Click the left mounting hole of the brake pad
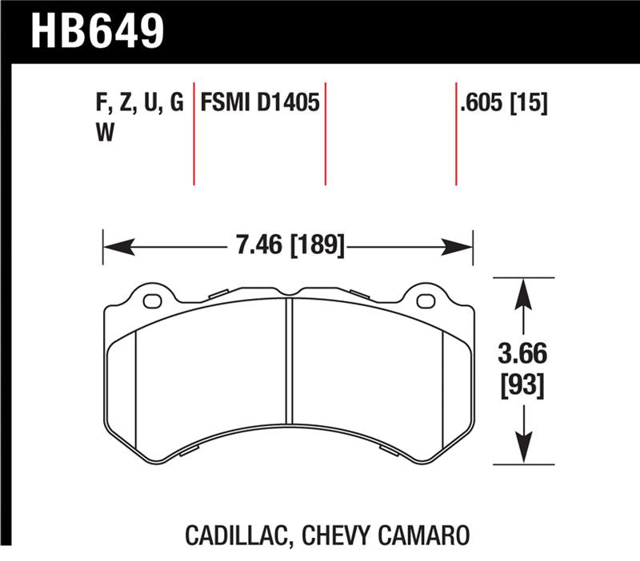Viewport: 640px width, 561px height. tap(151, 300)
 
